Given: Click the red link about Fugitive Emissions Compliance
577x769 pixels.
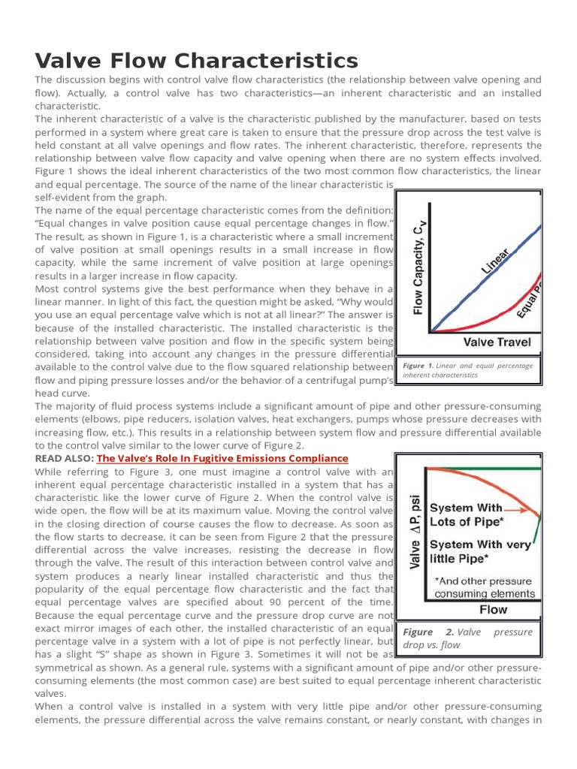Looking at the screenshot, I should coord(222,458).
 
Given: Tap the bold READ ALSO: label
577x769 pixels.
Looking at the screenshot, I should coord(65,458).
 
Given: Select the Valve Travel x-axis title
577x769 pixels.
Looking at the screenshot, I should coord(497,342).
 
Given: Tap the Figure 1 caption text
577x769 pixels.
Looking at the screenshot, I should coord(468,369).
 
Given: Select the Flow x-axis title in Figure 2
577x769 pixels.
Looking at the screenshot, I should coord(493,609).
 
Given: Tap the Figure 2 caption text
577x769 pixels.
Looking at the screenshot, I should coord(467,638).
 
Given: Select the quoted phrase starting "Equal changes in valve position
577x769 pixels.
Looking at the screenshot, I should coord(214,223).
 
